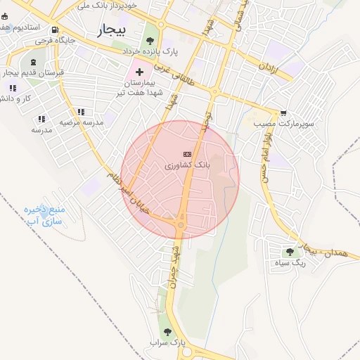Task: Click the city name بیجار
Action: tap(110, 30)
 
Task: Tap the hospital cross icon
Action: tap(139, 71)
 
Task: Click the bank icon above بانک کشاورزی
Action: tap(186, 154)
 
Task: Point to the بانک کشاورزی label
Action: tap(186, 166)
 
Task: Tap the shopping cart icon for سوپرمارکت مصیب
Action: tap(283, 112)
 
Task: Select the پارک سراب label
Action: tap(167, 343)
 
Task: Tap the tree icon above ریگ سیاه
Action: tap(290, 252)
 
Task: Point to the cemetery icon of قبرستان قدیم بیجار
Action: tap(33, 63)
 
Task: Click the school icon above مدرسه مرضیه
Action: tap(81, 111)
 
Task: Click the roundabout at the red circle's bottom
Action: tap(181, 226)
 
